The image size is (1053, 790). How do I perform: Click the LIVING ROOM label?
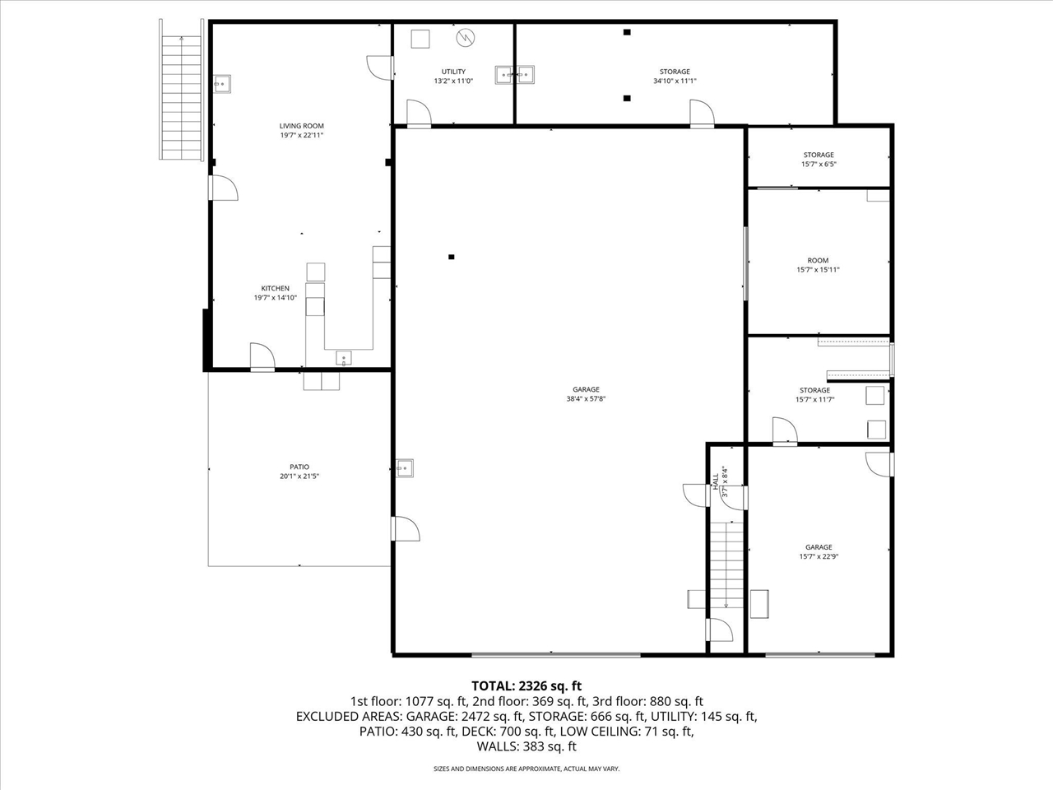click(x=301, y=126)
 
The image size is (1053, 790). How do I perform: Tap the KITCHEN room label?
click(x=275, y=289)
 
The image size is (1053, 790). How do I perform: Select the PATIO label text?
click(x=299, y=467)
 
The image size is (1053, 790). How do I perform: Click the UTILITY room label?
click(x=453, y=72)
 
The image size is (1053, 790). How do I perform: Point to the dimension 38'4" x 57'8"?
click(x=586, y=399)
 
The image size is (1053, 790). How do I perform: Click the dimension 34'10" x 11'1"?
click(x=675, y=81)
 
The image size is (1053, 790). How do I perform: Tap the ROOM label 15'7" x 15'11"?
click(x=818, y=261)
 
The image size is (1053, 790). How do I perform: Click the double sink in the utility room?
click(x=516, y=75)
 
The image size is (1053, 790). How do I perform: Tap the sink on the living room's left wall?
click(x=222, y=84)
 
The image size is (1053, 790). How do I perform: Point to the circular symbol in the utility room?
click(x=466, y=37)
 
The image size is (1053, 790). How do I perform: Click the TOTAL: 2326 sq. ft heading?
click(x=526, y=685)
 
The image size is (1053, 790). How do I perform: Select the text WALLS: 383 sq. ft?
click(x=526, y=746)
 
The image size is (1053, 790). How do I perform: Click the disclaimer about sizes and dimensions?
click(x=526, y=769)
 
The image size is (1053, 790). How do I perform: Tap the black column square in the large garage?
click(x=451, y=257)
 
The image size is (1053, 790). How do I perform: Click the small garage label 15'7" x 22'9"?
click(x=819, y=556)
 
